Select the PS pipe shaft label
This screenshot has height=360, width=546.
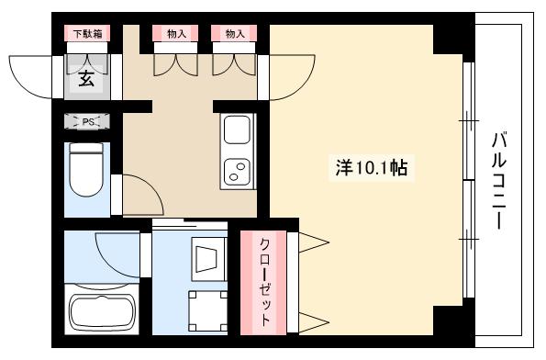click(x=86, y=120)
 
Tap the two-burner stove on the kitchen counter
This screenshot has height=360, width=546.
click(x=236, y=170)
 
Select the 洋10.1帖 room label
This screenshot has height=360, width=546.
click(x=372, y=168)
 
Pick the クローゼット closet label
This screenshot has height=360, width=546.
click(x=263, y=283)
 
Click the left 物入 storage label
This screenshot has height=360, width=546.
click(x=175, y=34)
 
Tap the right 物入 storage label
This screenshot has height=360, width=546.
click(x=234, y=34)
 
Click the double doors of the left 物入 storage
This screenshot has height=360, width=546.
click(x=175, y=64)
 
